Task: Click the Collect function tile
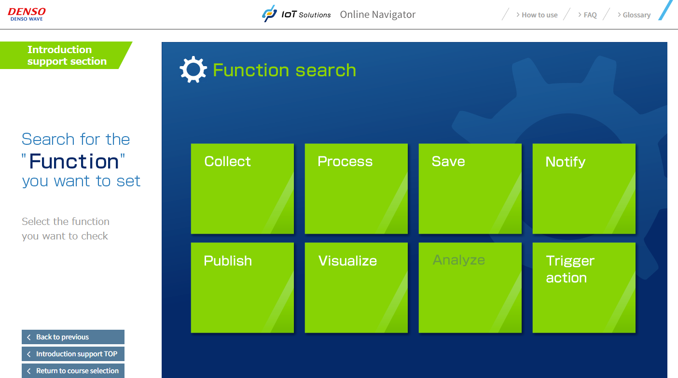pos(242,188)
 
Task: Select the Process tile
pos(356,188)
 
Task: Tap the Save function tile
pos(470,188)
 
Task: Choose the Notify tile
pos(584,188)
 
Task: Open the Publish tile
pos(242,287)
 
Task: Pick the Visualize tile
pos(356,287)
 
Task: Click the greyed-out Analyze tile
pos(470,287)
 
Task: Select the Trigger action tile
pos(584,287)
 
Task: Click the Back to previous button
pos(73,337)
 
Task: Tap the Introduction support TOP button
pos(73,354)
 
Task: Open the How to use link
pos(537,15)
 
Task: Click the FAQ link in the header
pos(587,15)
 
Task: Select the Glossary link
pos(634,15)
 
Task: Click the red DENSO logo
pos(27,14)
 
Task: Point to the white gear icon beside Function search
pos(193,70)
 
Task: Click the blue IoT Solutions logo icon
pos(269,14)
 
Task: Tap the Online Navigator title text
pos(377,14)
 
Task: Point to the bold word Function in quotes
pos(74,161)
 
